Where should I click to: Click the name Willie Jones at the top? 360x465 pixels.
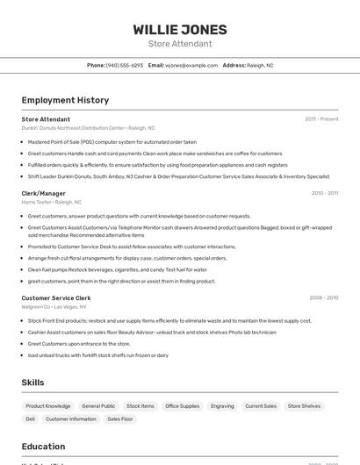[x=180, y=29]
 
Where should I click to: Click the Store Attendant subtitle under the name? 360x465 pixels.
[x=180, y=44]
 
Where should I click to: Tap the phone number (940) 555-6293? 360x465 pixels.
[x=125, y=65]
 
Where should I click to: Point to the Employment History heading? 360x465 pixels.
[x=65, y=100]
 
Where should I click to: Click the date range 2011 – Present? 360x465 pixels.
[x=321, y=119]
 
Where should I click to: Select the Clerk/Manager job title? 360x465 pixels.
[x=44, y=193]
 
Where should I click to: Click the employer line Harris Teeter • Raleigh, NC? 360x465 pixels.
[x=52, y=202]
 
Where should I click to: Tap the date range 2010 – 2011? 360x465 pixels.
[x=324, y=193]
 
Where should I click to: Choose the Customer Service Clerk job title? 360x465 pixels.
[x=56, y=298]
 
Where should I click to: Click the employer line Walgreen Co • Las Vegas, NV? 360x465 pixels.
[x=54, y=307]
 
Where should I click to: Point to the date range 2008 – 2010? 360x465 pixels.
[x=324, y=298]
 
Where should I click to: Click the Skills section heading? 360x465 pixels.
[x=33, y=383]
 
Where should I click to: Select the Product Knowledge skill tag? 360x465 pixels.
[x=48, y=406]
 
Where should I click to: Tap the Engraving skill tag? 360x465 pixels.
[x=222, y=406]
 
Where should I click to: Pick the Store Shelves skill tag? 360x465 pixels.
[x=304, y=406]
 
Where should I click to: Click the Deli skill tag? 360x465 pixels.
[x=31, y=419]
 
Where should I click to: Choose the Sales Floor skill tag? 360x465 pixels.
[x=120, y=419]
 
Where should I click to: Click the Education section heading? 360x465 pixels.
[x=43, y=447]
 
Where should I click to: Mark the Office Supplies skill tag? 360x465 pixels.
[x=183, y=406]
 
